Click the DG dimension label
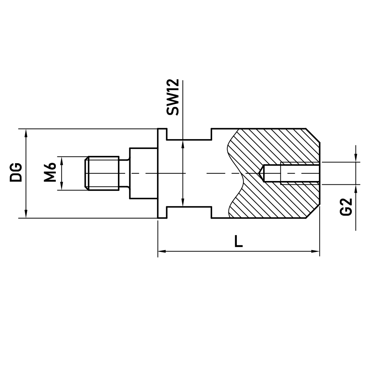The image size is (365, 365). tap(16, 173)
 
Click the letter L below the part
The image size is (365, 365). tap(238, 241)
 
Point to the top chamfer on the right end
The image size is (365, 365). tap(313, 135)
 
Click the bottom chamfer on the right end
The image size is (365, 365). tap(313, 212)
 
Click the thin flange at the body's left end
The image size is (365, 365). tap(162, 173)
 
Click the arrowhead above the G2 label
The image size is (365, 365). tap(356, 157)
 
